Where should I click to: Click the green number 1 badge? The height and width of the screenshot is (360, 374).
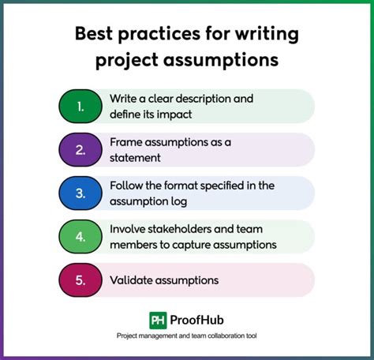pos(81,105)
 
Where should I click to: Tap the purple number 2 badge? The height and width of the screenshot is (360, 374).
pos(81,148)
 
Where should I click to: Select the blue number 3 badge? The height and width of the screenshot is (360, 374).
pos(81,192)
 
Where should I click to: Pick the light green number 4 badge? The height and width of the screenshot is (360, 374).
pos(81,235)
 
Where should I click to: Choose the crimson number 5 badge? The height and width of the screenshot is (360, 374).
pos(81,279)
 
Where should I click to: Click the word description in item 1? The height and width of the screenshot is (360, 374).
pos(226,99)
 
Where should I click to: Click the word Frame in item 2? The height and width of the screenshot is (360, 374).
pos(128,142)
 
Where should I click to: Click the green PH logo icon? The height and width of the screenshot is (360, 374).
pos(159,320)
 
